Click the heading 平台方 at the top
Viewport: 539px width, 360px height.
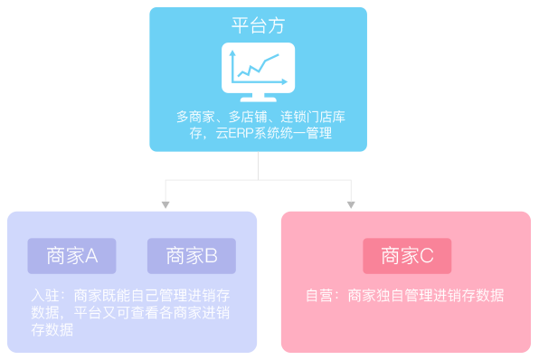(x=258, y=25)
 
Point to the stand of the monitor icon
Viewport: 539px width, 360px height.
(x=258, y=96)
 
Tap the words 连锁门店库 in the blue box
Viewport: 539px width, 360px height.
(x=310, y=117)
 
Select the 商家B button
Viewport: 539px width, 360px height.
(x=192, y=256)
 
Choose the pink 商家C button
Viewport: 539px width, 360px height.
(x=406, y=256)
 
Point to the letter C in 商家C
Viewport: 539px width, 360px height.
(x=427, y=256)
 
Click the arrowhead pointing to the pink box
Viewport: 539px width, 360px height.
(x=351, y=204)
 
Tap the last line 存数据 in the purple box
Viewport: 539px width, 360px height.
(x=52, y=330)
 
